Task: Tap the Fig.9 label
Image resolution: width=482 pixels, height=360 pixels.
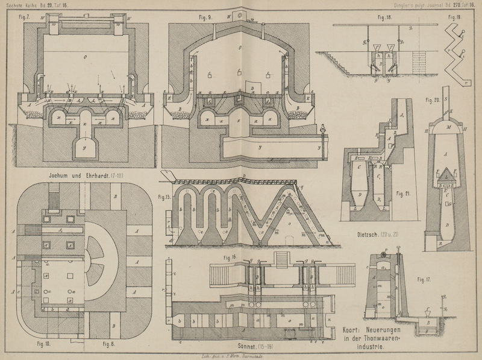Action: tap(206, 17)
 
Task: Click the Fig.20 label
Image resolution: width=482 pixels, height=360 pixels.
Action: tap(432, 100)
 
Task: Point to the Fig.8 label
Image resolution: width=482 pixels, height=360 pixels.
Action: tap(108, 344)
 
